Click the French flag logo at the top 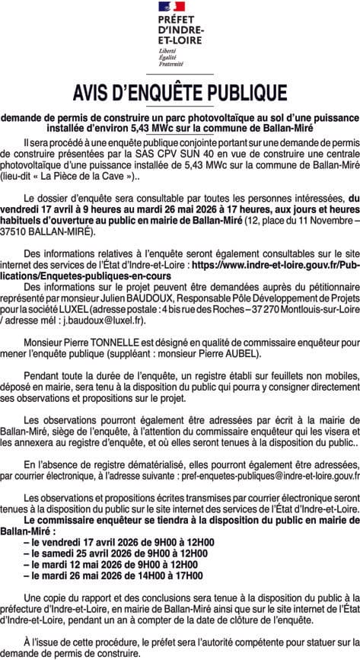coord(180,9)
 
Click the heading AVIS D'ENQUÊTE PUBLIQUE coord(180,94)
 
